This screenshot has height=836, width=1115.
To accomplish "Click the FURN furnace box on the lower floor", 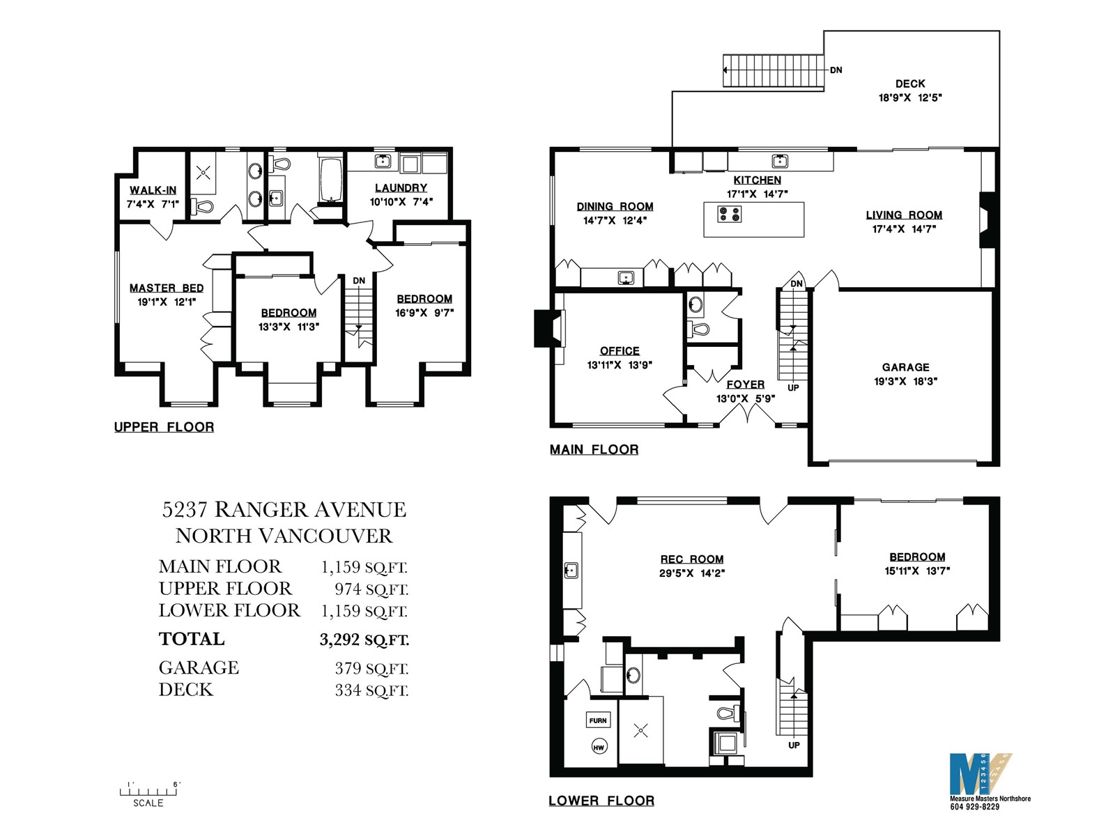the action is pyautogui.click(x=598, y=720).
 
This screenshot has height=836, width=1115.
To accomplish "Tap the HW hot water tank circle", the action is pyautogui.click(x=599, y=747).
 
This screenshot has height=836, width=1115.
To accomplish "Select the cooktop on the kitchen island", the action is pyautogui.click(x=729, y=214).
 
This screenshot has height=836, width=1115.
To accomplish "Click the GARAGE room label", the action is pyautogui.click(x=906, y=367).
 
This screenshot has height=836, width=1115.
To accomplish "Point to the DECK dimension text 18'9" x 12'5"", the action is pyautogui.click(x=910, y=98).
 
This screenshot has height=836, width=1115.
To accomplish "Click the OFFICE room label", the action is pyautogui.click(x=620, y=350).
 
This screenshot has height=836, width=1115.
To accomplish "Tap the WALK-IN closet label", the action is pyautogui.click(x=153, y=190).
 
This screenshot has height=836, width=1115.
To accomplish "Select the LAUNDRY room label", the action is pyautogui.click(x=401, y=188).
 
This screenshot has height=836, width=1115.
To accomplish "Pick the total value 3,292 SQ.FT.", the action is pyautogui.click(x=364, y=640).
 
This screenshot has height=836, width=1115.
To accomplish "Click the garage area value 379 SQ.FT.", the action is pyautogui.click(x=371, y=669).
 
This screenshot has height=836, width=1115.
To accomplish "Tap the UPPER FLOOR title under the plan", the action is pyautogui.click(x=164, y=427).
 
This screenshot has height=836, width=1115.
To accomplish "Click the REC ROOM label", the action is pyautogui.click(x=692, y=559).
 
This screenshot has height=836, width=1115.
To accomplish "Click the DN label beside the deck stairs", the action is pyautogui.click(x=836, y=70).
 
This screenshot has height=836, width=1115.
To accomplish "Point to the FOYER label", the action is pyautogui.click(x=745, y=385).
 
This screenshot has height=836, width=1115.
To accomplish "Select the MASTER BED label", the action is pyautogui.click(x=167, y=288).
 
